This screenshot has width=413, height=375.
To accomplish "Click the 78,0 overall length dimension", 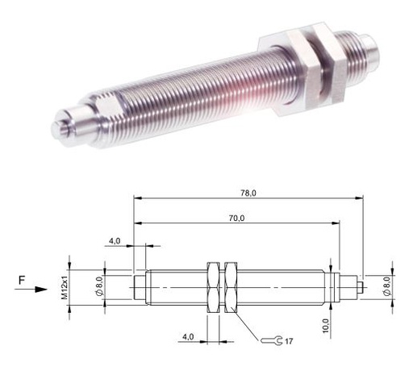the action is click(248, 193).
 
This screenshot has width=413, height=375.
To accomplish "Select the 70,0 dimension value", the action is click(236, 219).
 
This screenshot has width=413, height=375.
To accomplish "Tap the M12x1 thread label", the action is click(65, 287).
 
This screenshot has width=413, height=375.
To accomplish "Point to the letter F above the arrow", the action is click(22, 280).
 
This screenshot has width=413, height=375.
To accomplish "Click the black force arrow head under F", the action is click(41, 290).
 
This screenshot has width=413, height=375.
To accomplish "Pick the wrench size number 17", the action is click(289, 341).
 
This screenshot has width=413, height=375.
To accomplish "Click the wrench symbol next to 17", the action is click(272, 340).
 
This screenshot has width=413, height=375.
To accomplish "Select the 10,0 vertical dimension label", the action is click(325, 326).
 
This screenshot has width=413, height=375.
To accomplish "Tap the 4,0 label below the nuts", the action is click(188, 336).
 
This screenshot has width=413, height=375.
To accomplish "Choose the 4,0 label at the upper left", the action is click(115, 241).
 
